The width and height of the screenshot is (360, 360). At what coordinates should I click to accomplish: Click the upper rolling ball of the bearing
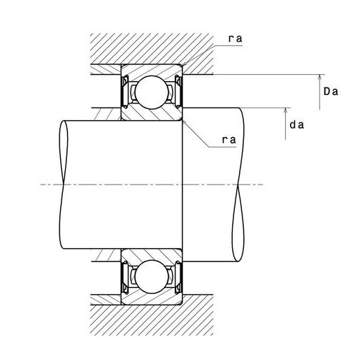coord(152,92)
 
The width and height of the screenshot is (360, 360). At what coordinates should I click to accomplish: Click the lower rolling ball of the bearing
coord(152,277)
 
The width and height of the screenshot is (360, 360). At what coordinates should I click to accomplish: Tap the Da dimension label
coord(331,92)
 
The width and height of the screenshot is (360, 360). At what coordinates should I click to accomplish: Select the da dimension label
coord(297,125)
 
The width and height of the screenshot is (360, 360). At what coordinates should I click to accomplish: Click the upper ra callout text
coord(236,38)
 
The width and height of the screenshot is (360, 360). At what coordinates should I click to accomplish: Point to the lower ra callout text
coord(229,140)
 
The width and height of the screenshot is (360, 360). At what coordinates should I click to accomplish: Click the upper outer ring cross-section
coord(152,70)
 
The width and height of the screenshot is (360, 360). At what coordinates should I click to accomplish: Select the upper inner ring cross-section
coord(152,114)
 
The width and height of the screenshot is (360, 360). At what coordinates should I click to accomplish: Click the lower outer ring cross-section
coord(152,299)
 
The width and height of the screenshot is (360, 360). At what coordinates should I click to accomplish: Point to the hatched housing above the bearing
coord(152,48)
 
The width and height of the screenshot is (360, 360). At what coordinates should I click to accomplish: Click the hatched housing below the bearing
coord(152,320)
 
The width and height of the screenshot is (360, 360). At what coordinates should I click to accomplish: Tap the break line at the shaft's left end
coord(64,185)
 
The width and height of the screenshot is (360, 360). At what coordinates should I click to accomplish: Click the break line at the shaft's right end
coord(238,185)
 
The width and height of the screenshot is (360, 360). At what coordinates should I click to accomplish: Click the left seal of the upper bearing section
coord(124,92)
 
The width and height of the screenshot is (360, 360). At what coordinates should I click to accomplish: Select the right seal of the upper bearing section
coord(179,92)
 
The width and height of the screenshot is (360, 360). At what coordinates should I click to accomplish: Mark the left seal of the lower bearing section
coord(124,278)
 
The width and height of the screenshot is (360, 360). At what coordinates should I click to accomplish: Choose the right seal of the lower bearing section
coord(179,278)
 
